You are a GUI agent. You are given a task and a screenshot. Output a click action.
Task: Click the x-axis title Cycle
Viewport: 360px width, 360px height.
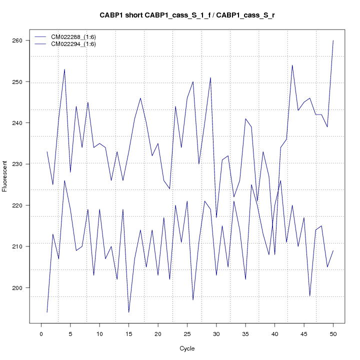pos(187,348)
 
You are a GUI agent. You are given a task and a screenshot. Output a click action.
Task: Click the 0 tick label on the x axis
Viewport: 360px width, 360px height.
pos(41,333)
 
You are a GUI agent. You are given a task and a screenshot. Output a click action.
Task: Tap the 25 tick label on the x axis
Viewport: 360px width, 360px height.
pos(187,333)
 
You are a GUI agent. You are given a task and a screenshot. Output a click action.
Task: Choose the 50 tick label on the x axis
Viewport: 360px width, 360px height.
pos(333,333)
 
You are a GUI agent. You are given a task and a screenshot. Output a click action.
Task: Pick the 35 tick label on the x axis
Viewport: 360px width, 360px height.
pos(245,333)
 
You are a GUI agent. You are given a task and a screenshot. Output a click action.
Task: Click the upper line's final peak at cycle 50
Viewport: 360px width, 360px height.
pos(333,40)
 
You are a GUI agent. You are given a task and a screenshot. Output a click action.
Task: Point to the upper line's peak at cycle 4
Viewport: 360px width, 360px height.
pos(64,69)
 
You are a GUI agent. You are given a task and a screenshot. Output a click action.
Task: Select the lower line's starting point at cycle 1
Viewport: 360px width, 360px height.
pos(47,312)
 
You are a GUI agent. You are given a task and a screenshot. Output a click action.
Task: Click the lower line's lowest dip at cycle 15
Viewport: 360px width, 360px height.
pos(128,312)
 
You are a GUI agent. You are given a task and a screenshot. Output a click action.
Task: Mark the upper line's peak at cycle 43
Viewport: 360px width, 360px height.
pos(292,65)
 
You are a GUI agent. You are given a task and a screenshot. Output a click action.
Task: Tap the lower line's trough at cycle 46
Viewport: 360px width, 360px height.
pos(309,296)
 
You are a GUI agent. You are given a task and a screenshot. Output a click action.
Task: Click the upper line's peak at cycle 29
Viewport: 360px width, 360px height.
pos(210,77)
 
